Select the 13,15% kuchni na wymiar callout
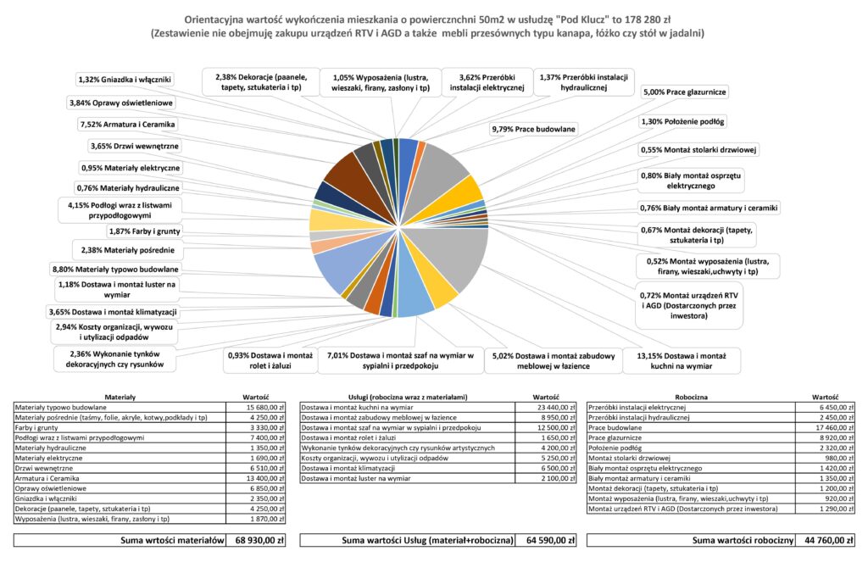(682, 361)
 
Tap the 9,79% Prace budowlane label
(533, 129)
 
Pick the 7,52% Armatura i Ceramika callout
(127, 124)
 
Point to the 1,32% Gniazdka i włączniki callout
(125, 80)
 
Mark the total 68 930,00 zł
(258, 540)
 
